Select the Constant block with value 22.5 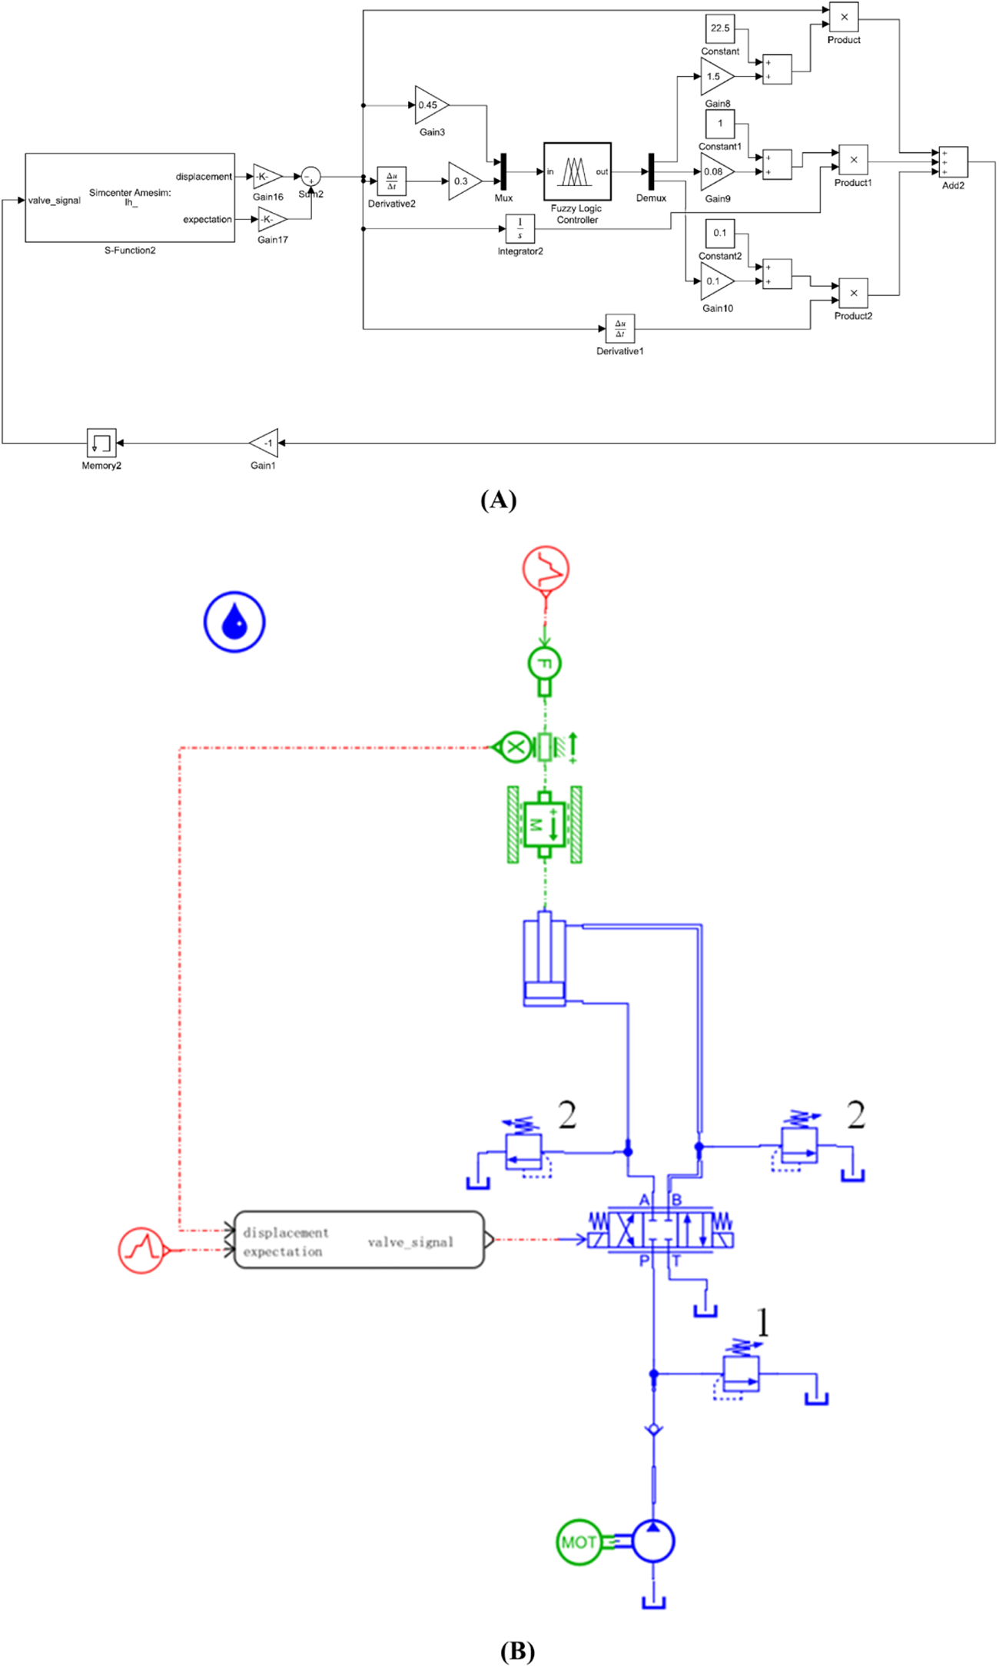coord(719,28)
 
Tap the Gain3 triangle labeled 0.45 coord(430,105)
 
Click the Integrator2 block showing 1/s coord(520,229)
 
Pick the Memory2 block coord(101,443)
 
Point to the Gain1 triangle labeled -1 coord(265,443)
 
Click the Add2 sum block coord(953,162)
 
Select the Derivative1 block coord(619,329)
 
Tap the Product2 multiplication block coord(853,293)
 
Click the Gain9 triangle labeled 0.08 coord(715,171)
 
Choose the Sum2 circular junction coord(310,177)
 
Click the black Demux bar coord(651,171)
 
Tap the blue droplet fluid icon coord(234,622)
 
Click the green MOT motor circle coord(578,1542)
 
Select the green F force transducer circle coord(544,663)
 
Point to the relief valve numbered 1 coord(740,1373)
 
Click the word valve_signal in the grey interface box coord(410,1242)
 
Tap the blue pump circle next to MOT coord(653,1541)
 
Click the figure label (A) coord(498,500)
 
